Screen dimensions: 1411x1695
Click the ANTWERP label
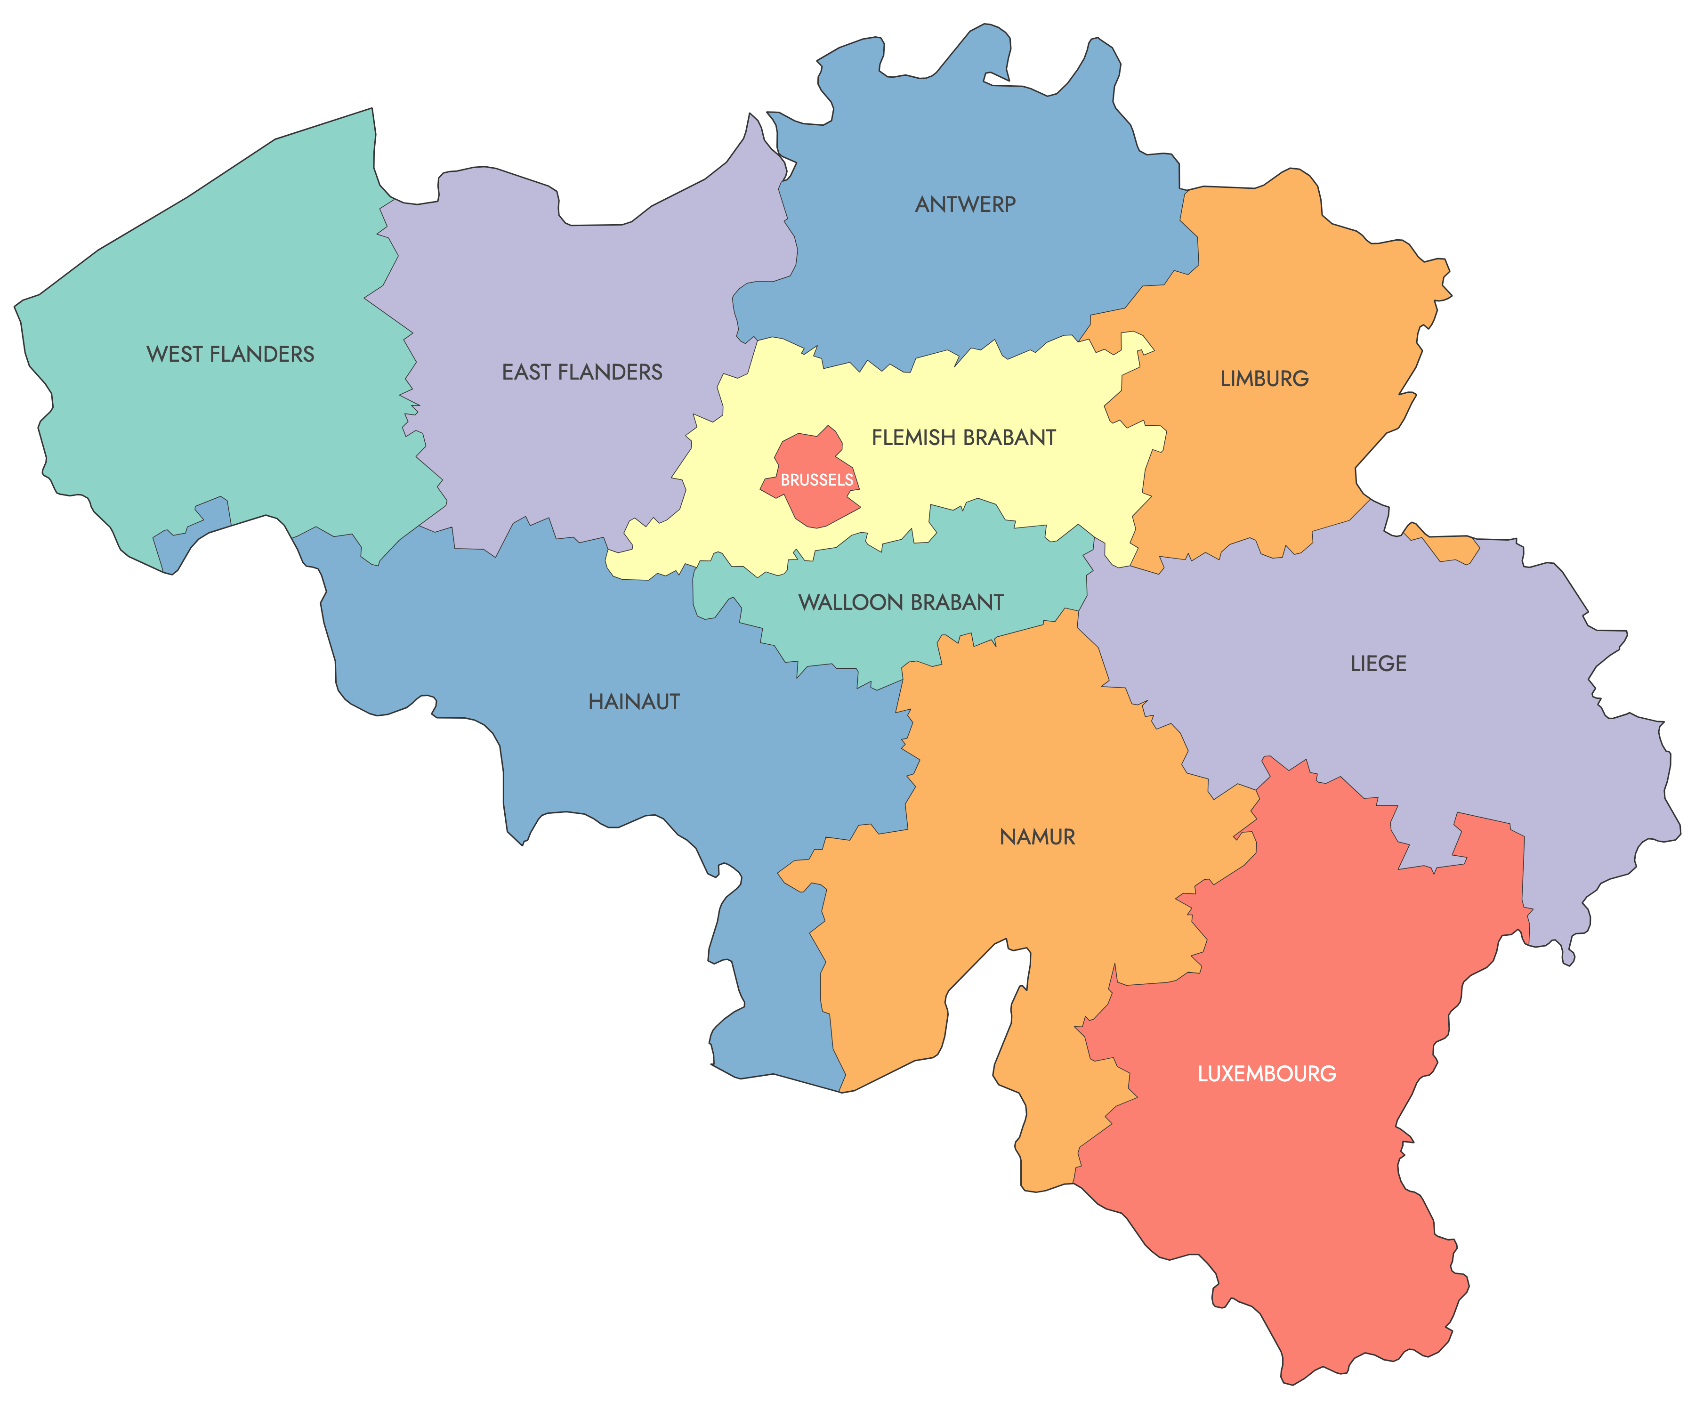click(x=965, y=204)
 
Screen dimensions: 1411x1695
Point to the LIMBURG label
click(x=1264, y=379)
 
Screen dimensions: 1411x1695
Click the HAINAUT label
click(x=634, y=701)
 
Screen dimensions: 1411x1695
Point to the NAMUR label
click(x=1037, y=837)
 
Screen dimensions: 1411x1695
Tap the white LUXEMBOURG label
click(x=1267, y=1074)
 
